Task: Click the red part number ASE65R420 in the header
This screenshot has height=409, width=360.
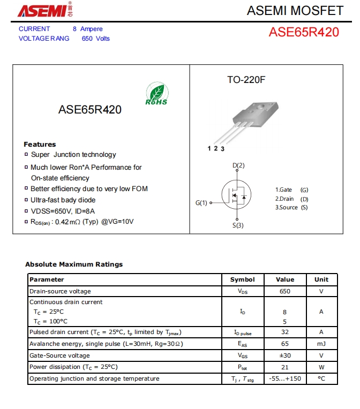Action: point(304,32)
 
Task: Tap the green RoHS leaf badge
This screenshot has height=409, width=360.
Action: point(156,94)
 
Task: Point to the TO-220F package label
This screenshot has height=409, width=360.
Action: point(246,80)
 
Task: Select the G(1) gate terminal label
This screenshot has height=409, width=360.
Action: point(201,203)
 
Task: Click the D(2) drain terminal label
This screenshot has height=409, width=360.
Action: point(238,165)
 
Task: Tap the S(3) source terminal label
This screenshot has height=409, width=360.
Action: point(238,225)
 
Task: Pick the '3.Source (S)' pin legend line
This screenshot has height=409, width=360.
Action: point(291,208)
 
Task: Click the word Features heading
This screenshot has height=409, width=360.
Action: point(40,144)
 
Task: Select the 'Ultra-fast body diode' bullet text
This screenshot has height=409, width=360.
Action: point(63,200)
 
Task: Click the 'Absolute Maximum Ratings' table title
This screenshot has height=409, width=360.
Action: point(74,264)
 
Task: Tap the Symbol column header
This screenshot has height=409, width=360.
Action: point(243,279)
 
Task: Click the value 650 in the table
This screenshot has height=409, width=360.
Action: point(285,291)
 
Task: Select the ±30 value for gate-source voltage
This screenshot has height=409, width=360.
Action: point(285,355)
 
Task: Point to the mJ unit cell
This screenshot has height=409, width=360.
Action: point(321,343)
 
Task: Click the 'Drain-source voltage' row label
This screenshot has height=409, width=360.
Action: point(60,291)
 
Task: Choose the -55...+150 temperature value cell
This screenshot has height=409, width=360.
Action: point(285,378)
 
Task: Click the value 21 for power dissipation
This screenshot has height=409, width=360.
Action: point(285,367)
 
